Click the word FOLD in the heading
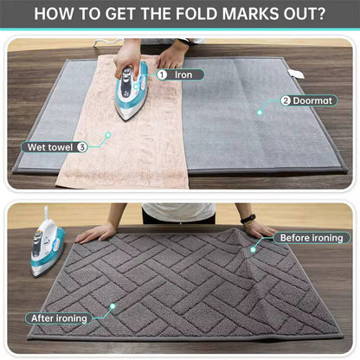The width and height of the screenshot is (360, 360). click(x=196, y=14)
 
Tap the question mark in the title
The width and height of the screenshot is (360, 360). click(x=321, y=14)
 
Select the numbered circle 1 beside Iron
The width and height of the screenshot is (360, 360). click(x=162, y=74)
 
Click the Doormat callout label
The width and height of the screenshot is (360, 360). click(x=309, y=100)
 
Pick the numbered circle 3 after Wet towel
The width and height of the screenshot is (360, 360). click(x=82, y=147)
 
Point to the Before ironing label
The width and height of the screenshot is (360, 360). click(x=312, y=238)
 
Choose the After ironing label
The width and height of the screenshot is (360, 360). click(x=59, y=318)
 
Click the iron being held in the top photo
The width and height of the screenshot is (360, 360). click(x=132, y=91)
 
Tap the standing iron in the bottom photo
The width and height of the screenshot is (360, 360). click(x=48, y=245)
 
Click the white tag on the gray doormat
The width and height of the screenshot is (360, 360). click(x=297, y=74)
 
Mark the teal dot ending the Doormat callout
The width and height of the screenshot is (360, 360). click(x=260, y=112)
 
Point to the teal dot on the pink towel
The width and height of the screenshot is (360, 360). click(x=108, y=135)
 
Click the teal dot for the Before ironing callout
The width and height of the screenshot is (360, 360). click(x=254, y=249)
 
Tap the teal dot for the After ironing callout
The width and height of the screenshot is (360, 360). click(x=112, y=306)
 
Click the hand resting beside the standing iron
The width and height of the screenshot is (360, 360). click(x=95, y=233)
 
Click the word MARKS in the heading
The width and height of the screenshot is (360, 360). click(x=250, y=14)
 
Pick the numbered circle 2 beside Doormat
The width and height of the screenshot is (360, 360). click(x=286, y=100)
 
